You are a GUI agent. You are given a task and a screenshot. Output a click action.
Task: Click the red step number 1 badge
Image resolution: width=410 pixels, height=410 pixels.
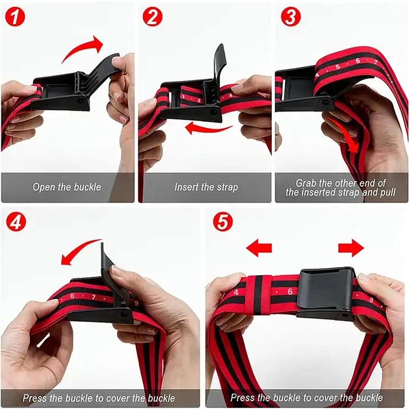coord(15,17)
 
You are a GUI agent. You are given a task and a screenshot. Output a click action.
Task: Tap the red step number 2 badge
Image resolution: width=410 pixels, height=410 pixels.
coord(153,17)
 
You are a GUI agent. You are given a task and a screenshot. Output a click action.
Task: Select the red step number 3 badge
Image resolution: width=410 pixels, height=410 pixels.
coord(290,16)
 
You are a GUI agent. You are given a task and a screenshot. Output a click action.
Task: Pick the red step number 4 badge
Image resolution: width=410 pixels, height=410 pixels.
coord(16,222)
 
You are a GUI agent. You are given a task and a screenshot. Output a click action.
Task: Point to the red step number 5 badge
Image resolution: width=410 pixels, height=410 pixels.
coord(223,222)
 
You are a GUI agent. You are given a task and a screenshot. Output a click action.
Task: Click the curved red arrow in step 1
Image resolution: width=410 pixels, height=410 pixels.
coord(81,47)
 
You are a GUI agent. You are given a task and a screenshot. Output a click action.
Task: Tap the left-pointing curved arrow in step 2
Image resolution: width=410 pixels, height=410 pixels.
coord(207,129)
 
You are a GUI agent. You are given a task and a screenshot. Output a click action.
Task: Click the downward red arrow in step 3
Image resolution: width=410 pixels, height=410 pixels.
coord(345,136)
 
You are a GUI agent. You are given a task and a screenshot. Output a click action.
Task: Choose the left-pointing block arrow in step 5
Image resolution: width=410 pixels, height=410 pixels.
coord(259,248)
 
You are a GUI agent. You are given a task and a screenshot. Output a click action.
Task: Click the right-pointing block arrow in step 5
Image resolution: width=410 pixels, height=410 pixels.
coord(351,248)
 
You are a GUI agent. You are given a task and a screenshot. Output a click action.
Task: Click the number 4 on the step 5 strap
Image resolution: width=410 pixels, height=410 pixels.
coord(236,292)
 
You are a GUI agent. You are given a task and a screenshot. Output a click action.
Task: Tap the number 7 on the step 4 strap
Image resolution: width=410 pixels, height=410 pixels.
coord(93,297)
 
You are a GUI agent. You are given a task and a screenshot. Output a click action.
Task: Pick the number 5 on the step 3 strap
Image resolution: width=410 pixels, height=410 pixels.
coord(338,66)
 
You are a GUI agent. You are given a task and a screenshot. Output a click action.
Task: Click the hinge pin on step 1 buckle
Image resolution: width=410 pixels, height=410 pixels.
coord(79,101)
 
